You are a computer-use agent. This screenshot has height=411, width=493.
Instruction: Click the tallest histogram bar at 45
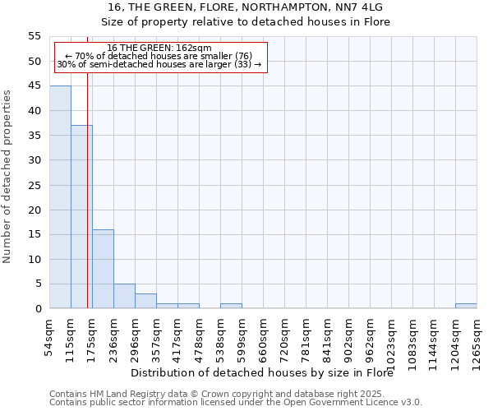pos(60,197)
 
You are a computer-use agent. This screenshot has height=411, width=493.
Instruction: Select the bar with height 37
pos(81,217)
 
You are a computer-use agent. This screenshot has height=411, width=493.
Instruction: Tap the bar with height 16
pos(103,269)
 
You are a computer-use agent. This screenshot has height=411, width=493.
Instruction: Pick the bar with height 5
pos(124,296)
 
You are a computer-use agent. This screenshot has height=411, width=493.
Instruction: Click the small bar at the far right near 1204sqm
pos(466,306)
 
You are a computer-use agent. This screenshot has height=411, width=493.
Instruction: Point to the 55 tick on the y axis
pos(35,36)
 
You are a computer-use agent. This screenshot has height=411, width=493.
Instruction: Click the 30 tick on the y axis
pos(35,160)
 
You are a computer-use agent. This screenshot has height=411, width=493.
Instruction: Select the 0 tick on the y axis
pos(38,309)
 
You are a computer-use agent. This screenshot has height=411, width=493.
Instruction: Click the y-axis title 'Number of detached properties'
pos(7,177)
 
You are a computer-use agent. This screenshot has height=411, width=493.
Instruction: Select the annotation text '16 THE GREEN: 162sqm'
pos(159,48)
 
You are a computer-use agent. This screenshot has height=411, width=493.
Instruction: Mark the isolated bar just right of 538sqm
pos(231,306)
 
